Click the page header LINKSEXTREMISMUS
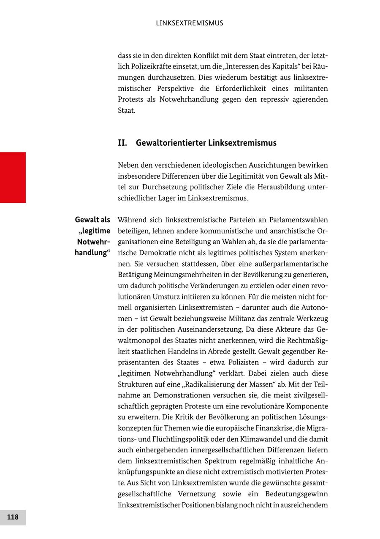(190, 23)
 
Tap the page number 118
(13, 517)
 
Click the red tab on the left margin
(13, 177)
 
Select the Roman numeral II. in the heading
(122, 143)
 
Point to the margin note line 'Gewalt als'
(92, 220)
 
